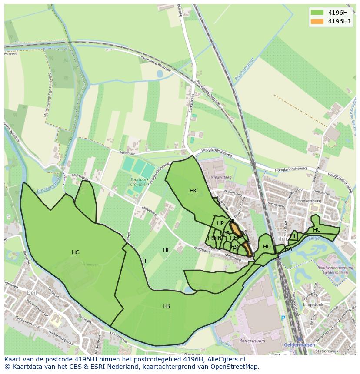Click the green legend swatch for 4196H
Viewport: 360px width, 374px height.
(317, 13)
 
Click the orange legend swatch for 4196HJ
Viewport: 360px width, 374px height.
(317, 21)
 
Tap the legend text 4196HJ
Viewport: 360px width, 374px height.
(339, 21)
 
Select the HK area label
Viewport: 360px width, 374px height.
(193, 191)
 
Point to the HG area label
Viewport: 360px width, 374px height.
(76, 252)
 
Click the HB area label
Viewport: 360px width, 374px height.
(166, 306)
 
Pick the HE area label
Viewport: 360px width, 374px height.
(167, 250)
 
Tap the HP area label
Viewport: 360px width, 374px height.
(220, 223)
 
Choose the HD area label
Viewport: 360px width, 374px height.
(267, 247)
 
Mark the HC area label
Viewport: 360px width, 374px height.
(317, 230)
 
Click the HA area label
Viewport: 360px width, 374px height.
(288, 249)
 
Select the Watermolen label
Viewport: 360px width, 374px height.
(252, 341)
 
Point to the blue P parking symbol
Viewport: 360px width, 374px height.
(283, 318)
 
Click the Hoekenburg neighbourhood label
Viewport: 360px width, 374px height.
(309, 202)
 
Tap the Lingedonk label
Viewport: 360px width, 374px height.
(315, 305)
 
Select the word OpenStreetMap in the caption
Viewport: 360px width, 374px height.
(234, 367)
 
